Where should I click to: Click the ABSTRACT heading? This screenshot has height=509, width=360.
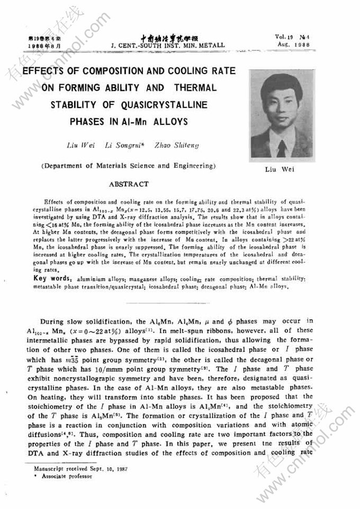coord(129,184)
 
